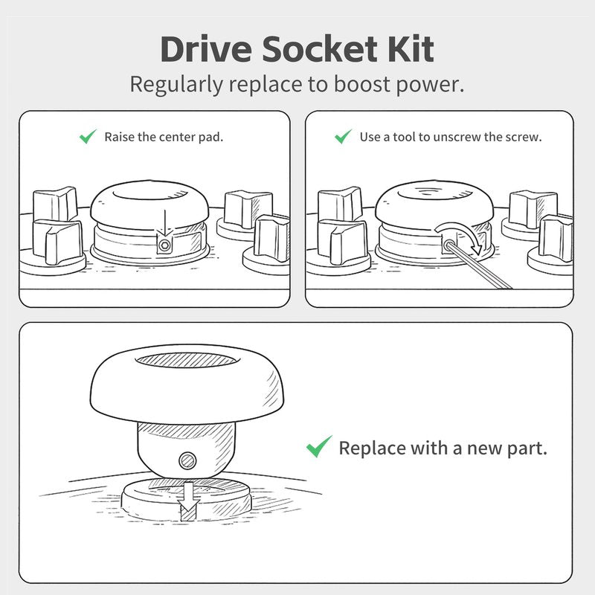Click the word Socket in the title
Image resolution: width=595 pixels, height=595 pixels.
[x=318, y=49]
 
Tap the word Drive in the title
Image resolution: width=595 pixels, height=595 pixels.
[x=206, y=49]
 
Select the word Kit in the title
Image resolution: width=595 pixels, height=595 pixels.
[x=411, y=49]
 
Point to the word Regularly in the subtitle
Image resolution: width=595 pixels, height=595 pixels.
[x=176, y=85]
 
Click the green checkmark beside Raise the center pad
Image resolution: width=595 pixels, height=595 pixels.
[x=88, y=136]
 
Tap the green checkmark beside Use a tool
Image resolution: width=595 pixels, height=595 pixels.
[x=344, y=136]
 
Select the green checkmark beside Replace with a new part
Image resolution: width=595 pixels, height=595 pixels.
[x=319, y=446]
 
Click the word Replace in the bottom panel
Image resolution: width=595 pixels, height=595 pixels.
[x=373, y=448]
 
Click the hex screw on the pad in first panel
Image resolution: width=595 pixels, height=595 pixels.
[x=164, y=245]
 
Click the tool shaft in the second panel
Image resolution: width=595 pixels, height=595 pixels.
[x=480, y=266]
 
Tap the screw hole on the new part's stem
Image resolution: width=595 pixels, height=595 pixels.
[x=187, y=461]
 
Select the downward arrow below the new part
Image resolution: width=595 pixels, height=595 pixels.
[x=190, y=501]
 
